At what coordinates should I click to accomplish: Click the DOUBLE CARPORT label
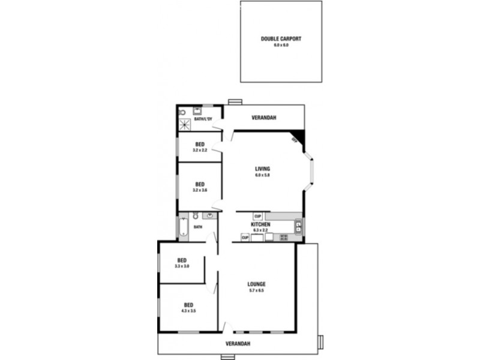(x=281, y=38)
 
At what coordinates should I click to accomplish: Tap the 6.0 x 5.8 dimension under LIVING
(x=262, y=175)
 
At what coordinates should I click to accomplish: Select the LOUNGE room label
(x=256, y=284)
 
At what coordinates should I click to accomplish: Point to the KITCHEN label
(x=260, y=224)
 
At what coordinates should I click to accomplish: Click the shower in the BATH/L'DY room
(x=185, y=125)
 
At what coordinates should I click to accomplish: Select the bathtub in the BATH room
(x=184, y=227)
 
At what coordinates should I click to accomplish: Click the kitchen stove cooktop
(x=284, y=238)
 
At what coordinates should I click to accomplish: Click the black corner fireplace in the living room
(x=298, y=137)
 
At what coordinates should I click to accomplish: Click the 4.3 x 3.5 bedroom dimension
(x=189, y=311)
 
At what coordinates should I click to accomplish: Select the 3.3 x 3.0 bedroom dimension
(x=182, y=266)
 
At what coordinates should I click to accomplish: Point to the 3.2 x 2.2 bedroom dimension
(x=199, y=150)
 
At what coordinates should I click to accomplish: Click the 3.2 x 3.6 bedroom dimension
(x=199, y=190)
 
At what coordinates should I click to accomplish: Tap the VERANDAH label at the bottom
(x=238, y=344)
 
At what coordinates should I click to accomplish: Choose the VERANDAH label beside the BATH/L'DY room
(x=263, y=118)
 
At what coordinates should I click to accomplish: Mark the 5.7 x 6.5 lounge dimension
(x=256, y=290)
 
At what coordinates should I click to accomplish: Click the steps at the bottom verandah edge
(x=227, y=357)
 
